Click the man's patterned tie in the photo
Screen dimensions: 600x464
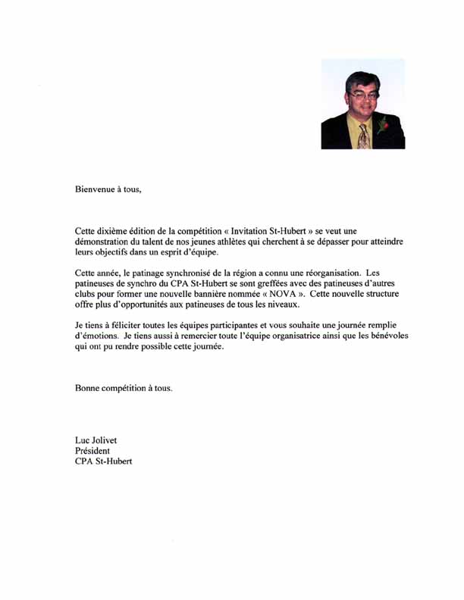363,136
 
